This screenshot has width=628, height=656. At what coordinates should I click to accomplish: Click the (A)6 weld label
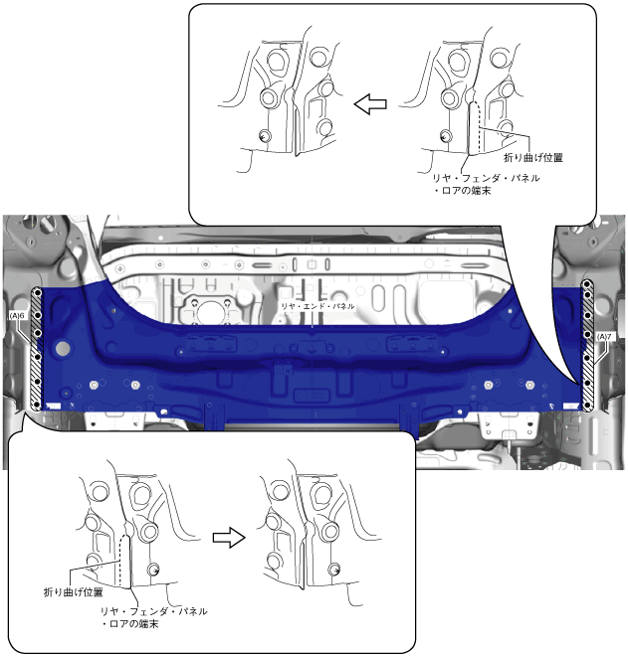[17, 316]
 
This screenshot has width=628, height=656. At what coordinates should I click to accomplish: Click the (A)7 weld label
[604, 336]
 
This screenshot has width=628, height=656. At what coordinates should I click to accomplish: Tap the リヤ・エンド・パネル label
[317, 306]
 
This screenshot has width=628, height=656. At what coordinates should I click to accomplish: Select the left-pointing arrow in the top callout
[370, 104]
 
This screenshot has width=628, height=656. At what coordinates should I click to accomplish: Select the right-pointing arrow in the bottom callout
[229, 538]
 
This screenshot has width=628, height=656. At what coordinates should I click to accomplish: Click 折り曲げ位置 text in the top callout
[532, 158]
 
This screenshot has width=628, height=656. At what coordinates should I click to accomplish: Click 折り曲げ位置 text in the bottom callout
[74, 592]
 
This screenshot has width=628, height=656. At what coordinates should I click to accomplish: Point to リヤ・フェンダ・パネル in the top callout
[486, 178]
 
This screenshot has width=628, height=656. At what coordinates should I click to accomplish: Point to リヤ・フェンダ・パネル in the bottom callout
[153, 611]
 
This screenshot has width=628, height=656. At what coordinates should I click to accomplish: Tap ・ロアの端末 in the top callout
[462, 191]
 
